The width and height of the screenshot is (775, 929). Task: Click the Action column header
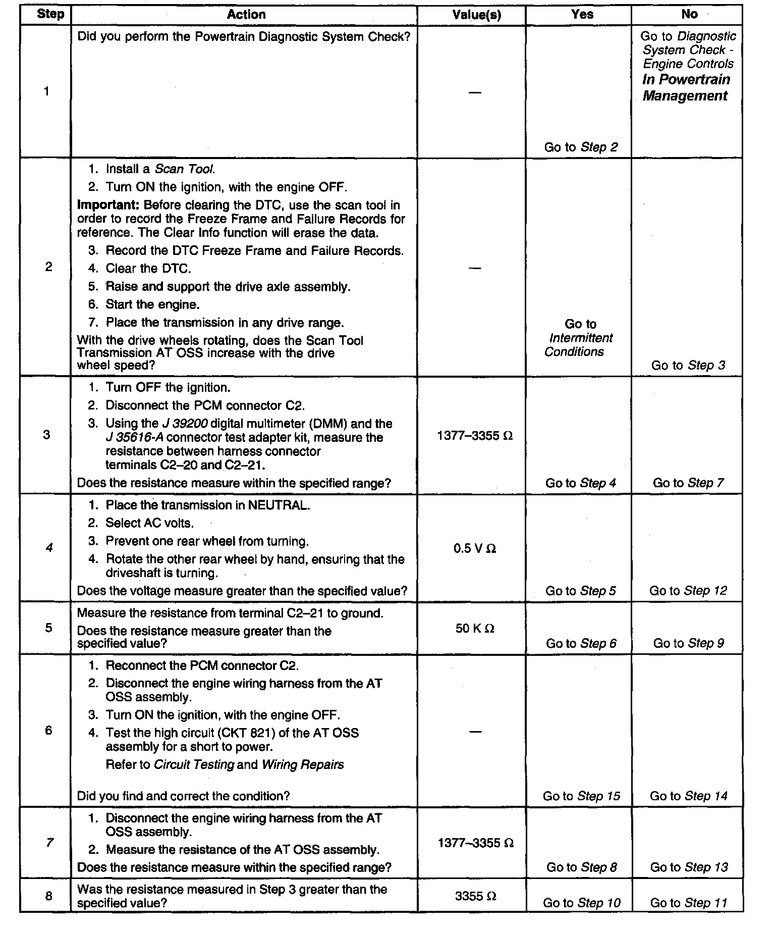[x=246, y=15]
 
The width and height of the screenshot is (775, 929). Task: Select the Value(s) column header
[x=476, y=15]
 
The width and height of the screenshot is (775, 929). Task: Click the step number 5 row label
[x=48, y=628]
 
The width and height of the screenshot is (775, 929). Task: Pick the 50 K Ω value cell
[x=475, y=629]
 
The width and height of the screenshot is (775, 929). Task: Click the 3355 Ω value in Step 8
[x=475, y=896]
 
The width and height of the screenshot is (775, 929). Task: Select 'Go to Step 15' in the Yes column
[x=581, y=796]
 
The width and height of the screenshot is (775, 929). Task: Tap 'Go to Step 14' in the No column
[x=688, y=796]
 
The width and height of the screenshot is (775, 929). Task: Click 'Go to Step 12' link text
[x=688, y=591]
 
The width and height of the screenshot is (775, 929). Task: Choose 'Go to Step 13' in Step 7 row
[x=689, y=867]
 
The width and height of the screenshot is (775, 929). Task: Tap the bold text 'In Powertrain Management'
[x=686, y=88]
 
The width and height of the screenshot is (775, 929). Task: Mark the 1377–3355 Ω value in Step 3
[x=475, y=435]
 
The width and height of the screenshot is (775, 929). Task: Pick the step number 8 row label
[x=48, y=896]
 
